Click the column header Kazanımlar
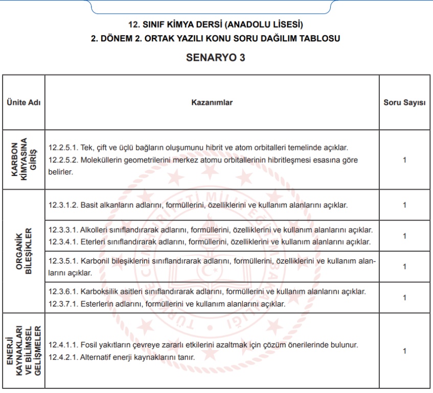click(212, 102)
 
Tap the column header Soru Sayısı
click(404, 102)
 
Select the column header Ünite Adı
click(24, 102)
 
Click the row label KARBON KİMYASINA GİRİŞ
click(24, 160)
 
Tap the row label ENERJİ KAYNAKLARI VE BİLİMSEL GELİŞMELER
click(24, 351)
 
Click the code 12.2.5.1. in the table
click(63, 147)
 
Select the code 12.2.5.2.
click(63, 160)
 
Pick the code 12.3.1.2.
click(63, 205)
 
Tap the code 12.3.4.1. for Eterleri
click(63, 242)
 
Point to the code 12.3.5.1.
click(63, 261)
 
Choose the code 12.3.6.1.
click(63, 292)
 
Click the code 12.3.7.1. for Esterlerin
click(63, 303)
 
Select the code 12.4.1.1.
click(63, 344)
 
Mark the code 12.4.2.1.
click(63, 357)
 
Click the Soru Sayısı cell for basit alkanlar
click(404, 205)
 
